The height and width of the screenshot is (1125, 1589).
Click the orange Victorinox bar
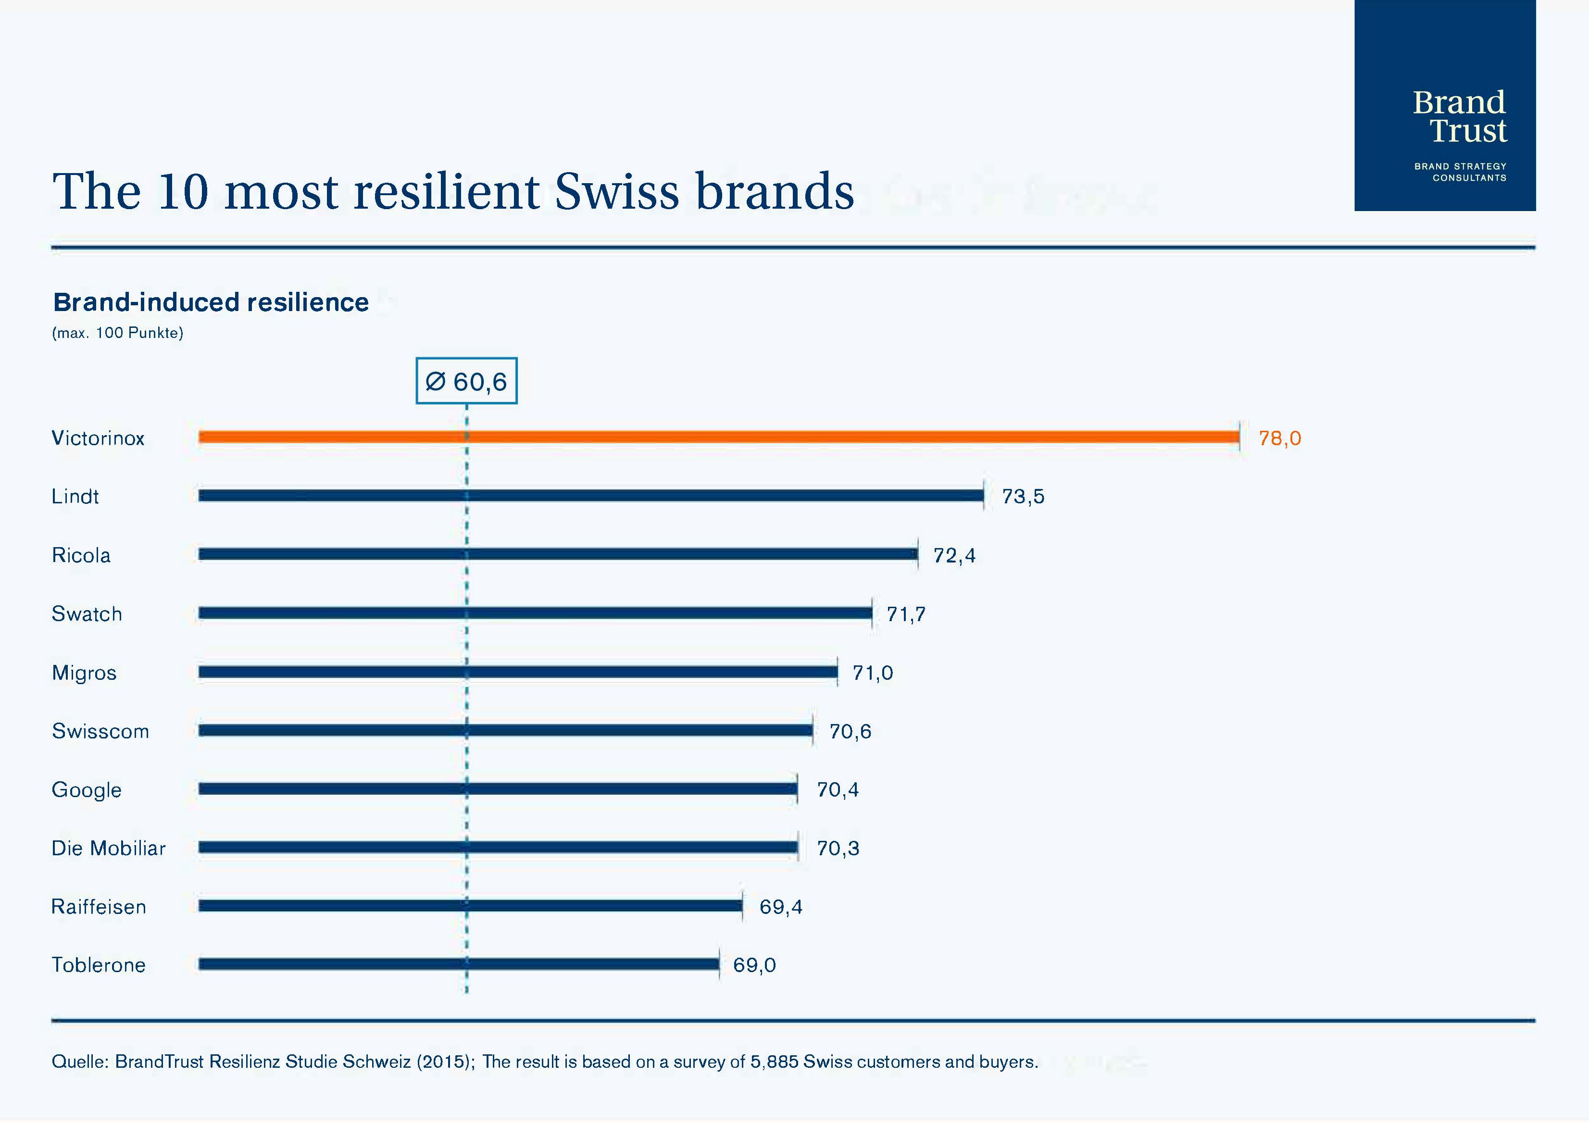[718, 437]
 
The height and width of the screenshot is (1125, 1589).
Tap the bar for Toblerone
[459, 964]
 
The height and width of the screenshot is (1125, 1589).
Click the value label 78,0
[1279, 438]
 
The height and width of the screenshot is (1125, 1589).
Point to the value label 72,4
[954, 556]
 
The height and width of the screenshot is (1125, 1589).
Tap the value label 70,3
[838, 849]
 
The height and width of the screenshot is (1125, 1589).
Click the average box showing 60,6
[466, 381]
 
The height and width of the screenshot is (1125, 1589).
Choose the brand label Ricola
[81, 556]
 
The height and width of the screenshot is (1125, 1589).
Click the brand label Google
[87, 790]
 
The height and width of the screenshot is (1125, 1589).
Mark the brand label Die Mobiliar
[109, 849]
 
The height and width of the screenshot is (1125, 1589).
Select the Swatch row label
[87, 614]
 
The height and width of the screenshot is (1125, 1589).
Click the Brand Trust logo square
[1445, 105]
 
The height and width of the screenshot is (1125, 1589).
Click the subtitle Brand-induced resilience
[211, 303]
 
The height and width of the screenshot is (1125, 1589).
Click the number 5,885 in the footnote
[774, 1062]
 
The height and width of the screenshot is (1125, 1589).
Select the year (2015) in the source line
[444, 1062]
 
